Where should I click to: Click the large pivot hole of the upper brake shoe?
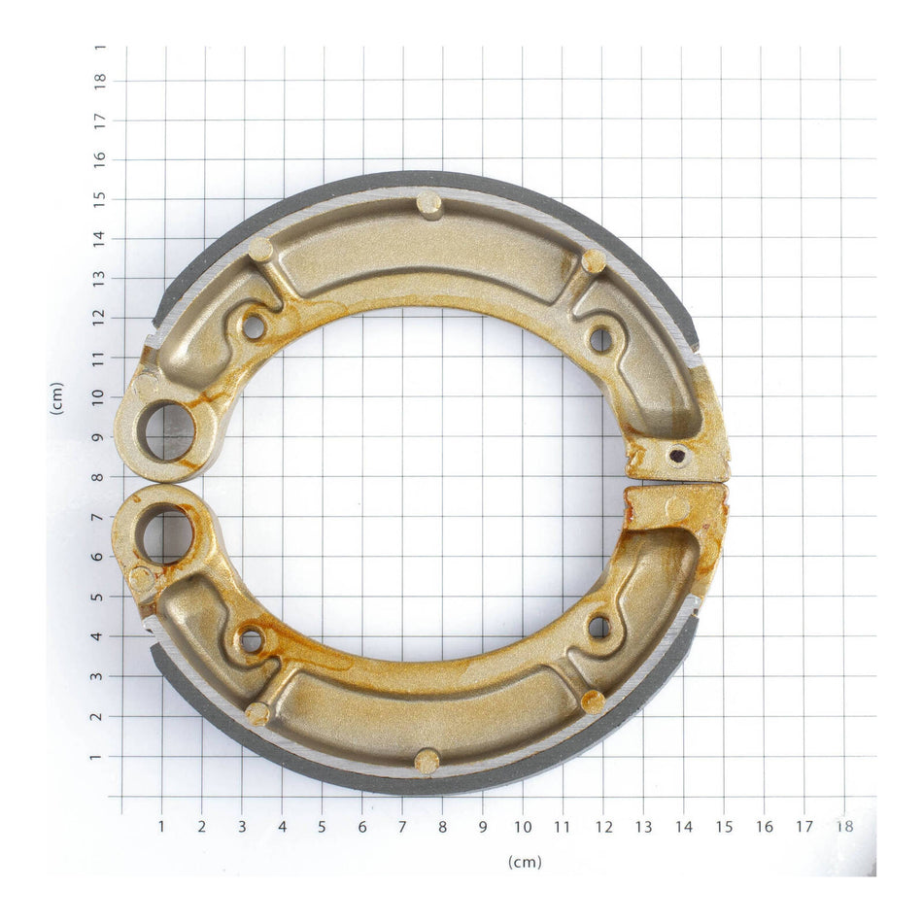coord(169,431)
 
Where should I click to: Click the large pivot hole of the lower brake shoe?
coord(167,534)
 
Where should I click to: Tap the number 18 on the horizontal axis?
coord(844,826)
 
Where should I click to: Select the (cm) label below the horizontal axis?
coord(524,862)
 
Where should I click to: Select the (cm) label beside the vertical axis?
coord(56,397)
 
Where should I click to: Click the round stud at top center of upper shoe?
coord(428,203)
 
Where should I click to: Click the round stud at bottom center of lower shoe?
coord(427,761)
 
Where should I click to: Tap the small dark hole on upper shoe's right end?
coord(677,455)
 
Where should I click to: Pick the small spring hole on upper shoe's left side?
coord(254,326)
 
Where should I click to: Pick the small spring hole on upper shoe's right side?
coord(600,340)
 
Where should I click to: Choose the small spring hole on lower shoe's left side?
coord(251,640)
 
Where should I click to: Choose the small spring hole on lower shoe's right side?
coord(599,627)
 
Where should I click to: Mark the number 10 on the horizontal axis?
coord(523,826)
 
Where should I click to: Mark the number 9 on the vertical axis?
coord(100,437)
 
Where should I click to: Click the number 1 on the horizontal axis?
coord(161,826)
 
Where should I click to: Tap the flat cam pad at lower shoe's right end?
coord(677,507)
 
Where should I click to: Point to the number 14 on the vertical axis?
coord(100,238)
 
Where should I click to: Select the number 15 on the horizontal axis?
coord(724,826)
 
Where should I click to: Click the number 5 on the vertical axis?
coord(100,597)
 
